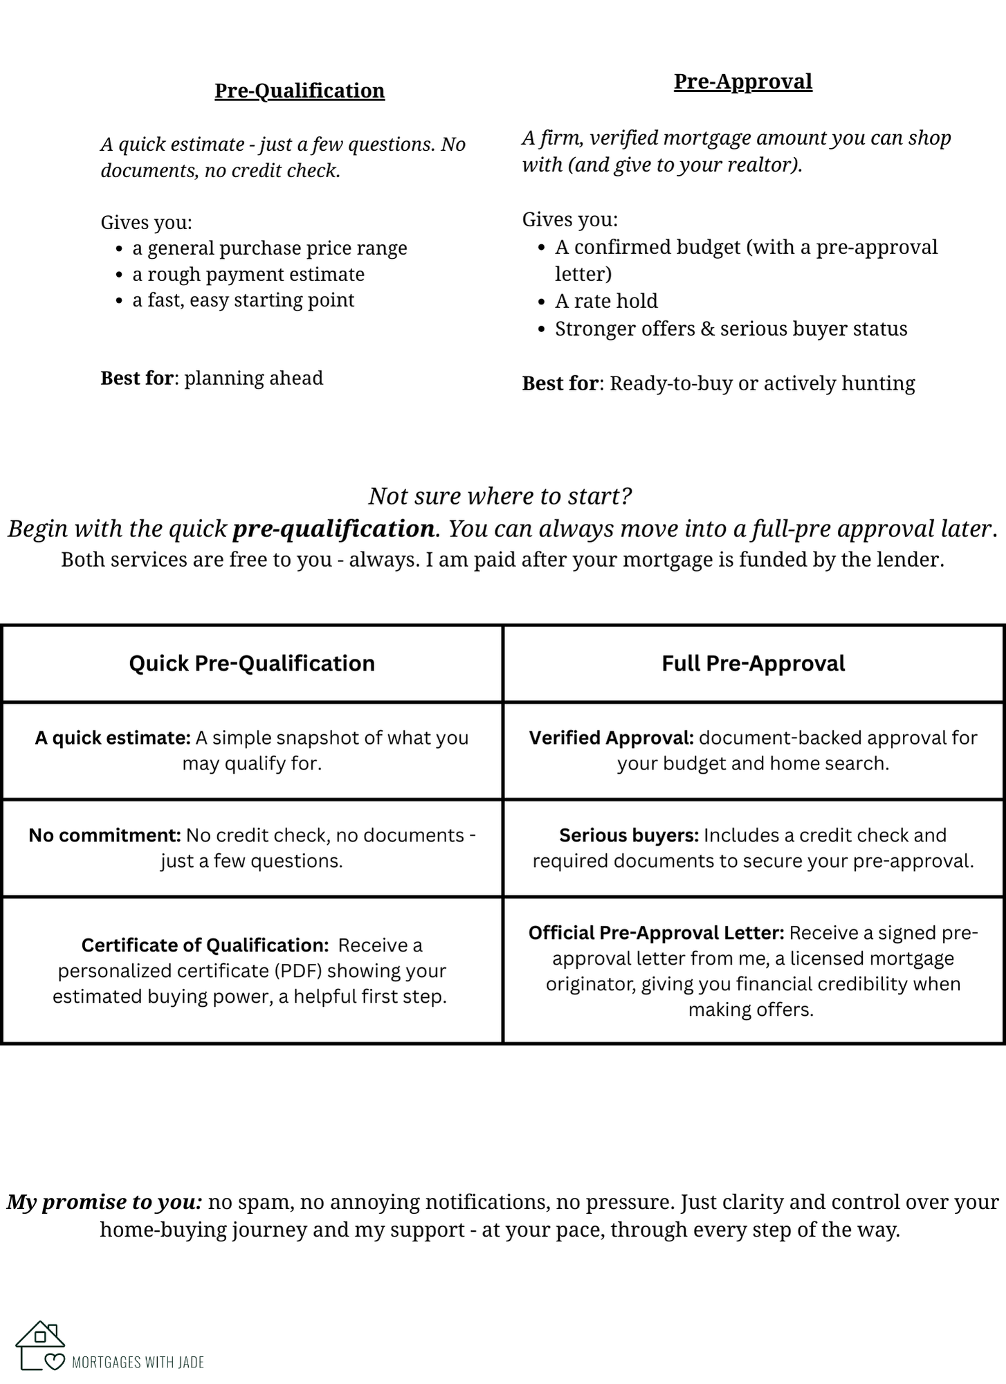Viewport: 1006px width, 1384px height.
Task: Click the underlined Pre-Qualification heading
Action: [299, 91]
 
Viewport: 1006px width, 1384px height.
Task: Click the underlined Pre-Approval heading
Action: [742, 82]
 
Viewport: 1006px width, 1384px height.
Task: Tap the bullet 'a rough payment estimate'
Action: [248, 274]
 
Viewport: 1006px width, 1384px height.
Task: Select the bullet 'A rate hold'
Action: [605, 301]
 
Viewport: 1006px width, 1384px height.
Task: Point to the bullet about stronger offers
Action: [730, 329]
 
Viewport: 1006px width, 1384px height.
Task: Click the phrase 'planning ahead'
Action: [253, 378]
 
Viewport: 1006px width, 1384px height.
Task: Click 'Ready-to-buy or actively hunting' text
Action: [762, 383]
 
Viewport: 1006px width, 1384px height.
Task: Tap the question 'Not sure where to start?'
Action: [500, 495]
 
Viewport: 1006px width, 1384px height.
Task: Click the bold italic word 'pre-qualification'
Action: [333, 529]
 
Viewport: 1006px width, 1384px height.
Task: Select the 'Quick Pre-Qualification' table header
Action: [252, 663]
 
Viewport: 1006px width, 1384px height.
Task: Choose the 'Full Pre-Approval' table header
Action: [753, 663]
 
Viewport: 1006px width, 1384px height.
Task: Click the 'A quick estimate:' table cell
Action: [252, 750]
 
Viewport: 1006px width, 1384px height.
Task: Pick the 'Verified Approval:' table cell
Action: [753, 750]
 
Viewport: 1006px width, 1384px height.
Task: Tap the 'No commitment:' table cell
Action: [252, 848]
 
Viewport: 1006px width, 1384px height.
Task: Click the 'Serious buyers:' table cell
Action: [753, 848]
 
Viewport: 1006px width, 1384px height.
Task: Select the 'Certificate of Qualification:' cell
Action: [252, 970]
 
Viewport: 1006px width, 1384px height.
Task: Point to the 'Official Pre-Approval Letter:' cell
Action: [753, 970]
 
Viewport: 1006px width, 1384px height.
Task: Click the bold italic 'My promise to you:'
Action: [104, 1202]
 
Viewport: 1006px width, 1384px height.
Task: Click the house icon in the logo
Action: [40, 1345]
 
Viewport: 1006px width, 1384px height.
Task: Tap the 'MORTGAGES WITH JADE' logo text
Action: [138, 1362]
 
